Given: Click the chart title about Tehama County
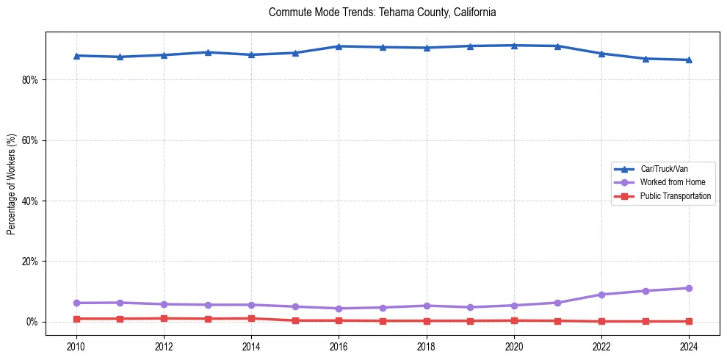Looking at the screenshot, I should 382,12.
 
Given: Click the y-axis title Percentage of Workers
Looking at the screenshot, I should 12,184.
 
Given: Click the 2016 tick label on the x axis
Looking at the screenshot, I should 339,346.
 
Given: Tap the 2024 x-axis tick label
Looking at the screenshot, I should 689,346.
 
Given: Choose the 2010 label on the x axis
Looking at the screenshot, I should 76,346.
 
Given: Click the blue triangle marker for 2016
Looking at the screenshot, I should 339,46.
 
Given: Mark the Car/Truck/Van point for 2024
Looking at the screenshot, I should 689,60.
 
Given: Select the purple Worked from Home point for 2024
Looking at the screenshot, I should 689,288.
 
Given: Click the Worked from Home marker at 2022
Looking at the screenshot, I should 601,295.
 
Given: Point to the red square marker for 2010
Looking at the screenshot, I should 76,319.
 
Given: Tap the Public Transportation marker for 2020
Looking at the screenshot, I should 514,320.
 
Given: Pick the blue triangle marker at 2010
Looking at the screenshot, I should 76,55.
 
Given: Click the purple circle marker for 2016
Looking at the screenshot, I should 339,309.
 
